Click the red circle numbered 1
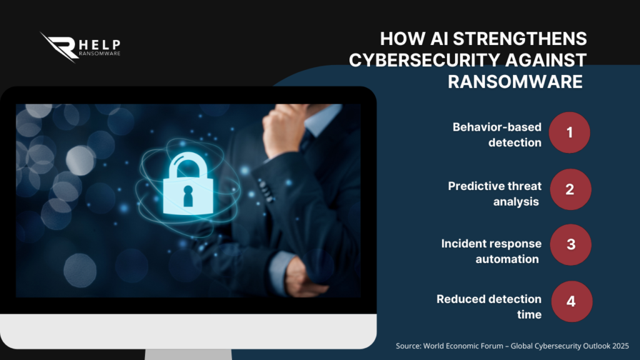tap(569, 132)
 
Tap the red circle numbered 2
tap(569, 189)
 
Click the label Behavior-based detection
tap(497, 134)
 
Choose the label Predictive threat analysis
tap(494, 194)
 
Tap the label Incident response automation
tap(491, 251)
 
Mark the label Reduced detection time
tap(489, 306)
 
